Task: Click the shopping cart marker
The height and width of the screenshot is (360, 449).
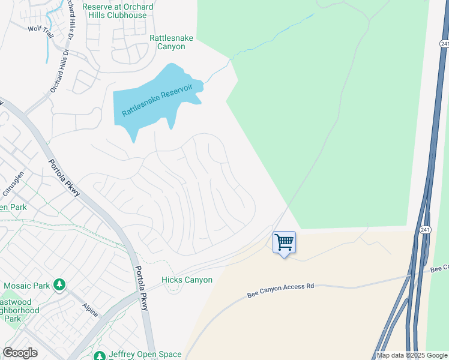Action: tap(284, 243)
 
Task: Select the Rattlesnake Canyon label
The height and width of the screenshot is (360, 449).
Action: tap(171, 42)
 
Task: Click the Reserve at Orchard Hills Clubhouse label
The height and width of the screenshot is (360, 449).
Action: tap(118, 11)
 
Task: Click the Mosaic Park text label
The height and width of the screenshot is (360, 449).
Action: tap(26, 286)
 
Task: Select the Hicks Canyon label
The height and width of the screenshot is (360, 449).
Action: tap(187, 280)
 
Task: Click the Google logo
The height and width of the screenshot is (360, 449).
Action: tap(20, 353)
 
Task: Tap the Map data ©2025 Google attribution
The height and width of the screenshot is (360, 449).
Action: tap(412, 355)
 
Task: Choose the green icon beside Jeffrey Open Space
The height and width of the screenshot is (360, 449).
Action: tap(100, 355)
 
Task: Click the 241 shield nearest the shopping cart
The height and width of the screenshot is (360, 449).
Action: tap(425, 230)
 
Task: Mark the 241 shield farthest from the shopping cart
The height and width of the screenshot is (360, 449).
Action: tap(444, 44)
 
